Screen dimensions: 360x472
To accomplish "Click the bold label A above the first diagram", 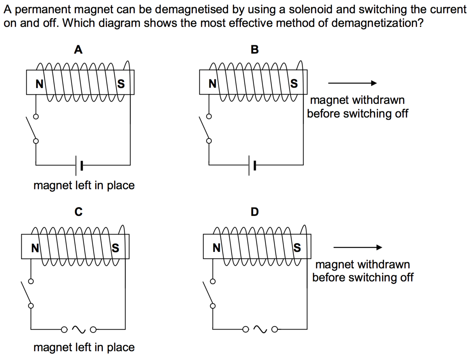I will point(78,50).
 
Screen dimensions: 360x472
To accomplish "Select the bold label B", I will point(255,50).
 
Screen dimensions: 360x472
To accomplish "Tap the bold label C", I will point(78,212).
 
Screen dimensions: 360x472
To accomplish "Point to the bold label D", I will point(255,212).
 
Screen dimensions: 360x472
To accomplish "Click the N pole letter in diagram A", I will point(39,84).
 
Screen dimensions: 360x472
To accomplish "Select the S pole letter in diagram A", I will point(121,84).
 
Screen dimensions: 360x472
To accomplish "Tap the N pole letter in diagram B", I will point(212,83).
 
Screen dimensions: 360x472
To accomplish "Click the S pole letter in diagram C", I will point(115,248).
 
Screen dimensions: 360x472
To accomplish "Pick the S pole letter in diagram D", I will point(297,248).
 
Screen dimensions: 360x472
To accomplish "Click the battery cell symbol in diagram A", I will point(79,165).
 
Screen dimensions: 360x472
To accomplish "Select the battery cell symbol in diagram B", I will point(252,165).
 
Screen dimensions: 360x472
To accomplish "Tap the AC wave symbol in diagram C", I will point(78,330).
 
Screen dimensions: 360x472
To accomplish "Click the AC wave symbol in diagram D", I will point(260,329).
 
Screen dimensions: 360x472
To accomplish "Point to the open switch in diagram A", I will point(32,129).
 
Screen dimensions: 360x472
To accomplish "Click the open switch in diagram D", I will point(208,293).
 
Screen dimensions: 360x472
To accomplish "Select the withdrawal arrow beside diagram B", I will point(352,83).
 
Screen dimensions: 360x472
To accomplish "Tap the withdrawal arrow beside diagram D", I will point(358,247).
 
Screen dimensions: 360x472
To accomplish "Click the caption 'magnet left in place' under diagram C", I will point(84,347).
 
